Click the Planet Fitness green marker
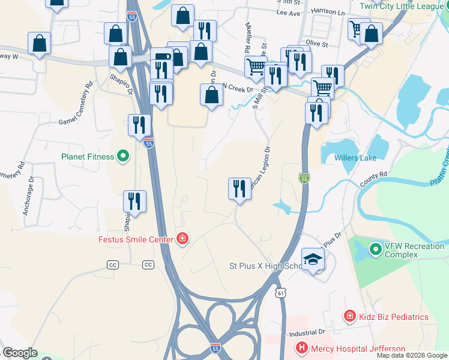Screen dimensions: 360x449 click(124, 157)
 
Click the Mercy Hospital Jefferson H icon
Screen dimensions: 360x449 click(302, 347)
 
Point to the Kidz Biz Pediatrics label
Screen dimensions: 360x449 click(394, 316)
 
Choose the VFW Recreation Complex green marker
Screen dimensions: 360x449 click(376, 248)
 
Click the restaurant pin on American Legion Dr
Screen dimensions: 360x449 click(240, 188)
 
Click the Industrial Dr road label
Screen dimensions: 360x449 click(307, 332)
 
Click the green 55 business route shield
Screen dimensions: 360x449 click(304, 178)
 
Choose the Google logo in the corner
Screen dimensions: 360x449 click(19, 353)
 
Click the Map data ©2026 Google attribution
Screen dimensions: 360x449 click(412, 355)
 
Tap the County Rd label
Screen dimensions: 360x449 click(373, 178)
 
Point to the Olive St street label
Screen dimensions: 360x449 click(318, 43)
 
